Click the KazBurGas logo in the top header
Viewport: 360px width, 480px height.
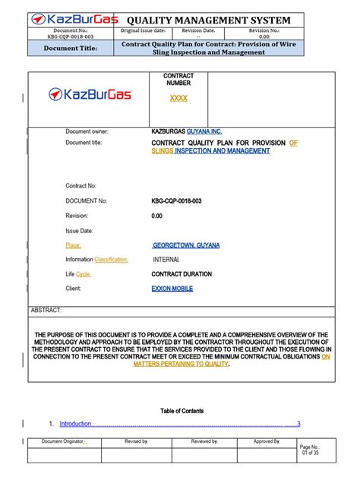point(73,20)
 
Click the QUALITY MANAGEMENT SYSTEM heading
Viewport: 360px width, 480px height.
point(211,20)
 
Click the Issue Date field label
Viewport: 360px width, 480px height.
point(79,229)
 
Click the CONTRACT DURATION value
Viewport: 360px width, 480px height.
point(182,273)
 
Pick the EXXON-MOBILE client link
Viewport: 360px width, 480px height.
point(172,289)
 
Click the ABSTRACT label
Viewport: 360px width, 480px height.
point(46,311)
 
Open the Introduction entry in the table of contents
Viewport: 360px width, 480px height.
point(75,424)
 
